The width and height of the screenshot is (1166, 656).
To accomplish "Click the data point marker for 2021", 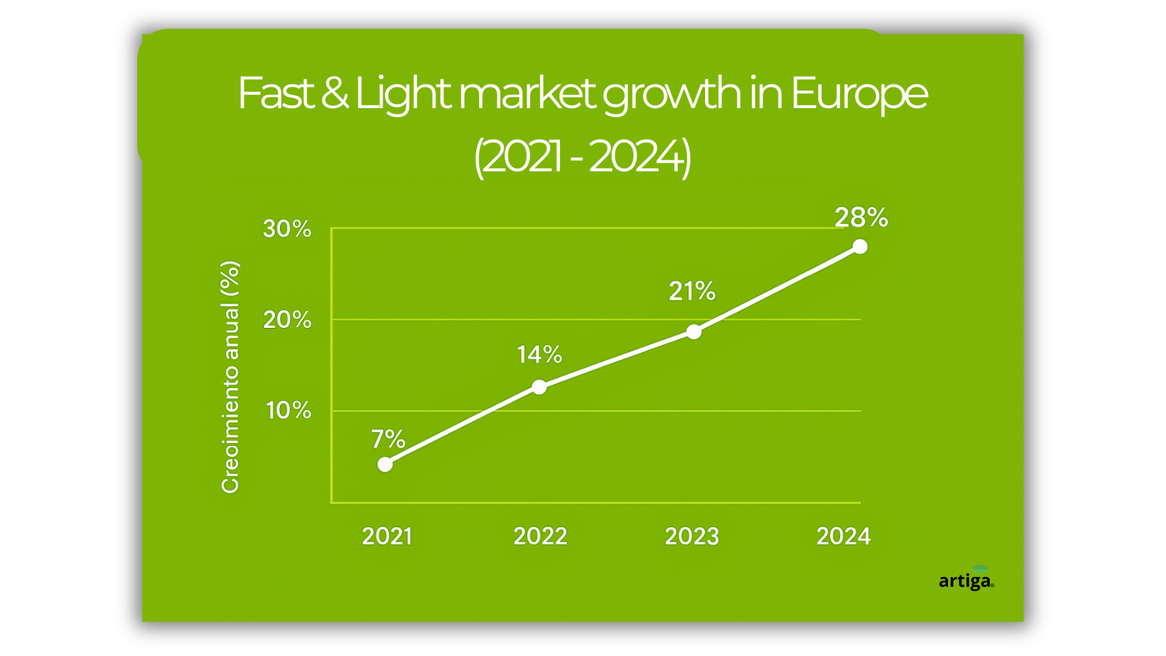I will (385, 465).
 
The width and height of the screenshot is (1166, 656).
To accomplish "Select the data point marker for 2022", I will (539, 387).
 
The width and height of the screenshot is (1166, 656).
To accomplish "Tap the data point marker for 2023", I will (694, 332).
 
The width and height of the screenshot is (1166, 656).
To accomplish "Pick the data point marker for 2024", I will (860, 247).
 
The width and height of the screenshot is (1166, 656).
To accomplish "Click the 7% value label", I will (388, 439).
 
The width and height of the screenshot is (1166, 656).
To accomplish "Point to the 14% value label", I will (539, 354).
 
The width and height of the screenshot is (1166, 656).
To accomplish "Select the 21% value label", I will (692, 291).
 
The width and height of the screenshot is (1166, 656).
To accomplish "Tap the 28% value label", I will (861, 217).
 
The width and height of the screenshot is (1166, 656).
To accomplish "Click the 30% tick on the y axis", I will (287, 229).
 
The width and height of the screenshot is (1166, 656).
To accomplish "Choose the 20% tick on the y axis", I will (287, 319).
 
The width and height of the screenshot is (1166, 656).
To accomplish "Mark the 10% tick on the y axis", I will (288, 411).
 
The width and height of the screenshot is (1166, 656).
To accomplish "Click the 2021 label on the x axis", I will (387, 536).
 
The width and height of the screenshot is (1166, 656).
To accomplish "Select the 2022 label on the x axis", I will (540, 536).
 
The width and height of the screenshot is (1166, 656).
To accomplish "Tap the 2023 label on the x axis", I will (692, 536).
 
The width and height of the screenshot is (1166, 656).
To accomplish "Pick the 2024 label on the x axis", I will (843, 536).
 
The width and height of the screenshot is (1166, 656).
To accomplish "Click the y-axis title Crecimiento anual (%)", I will (230, 377).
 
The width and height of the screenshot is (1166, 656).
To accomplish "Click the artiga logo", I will (966, 580).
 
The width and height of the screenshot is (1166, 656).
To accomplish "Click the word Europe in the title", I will (859, 94).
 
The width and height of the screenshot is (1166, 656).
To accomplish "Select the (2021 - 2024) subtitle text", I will (582, 157).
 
